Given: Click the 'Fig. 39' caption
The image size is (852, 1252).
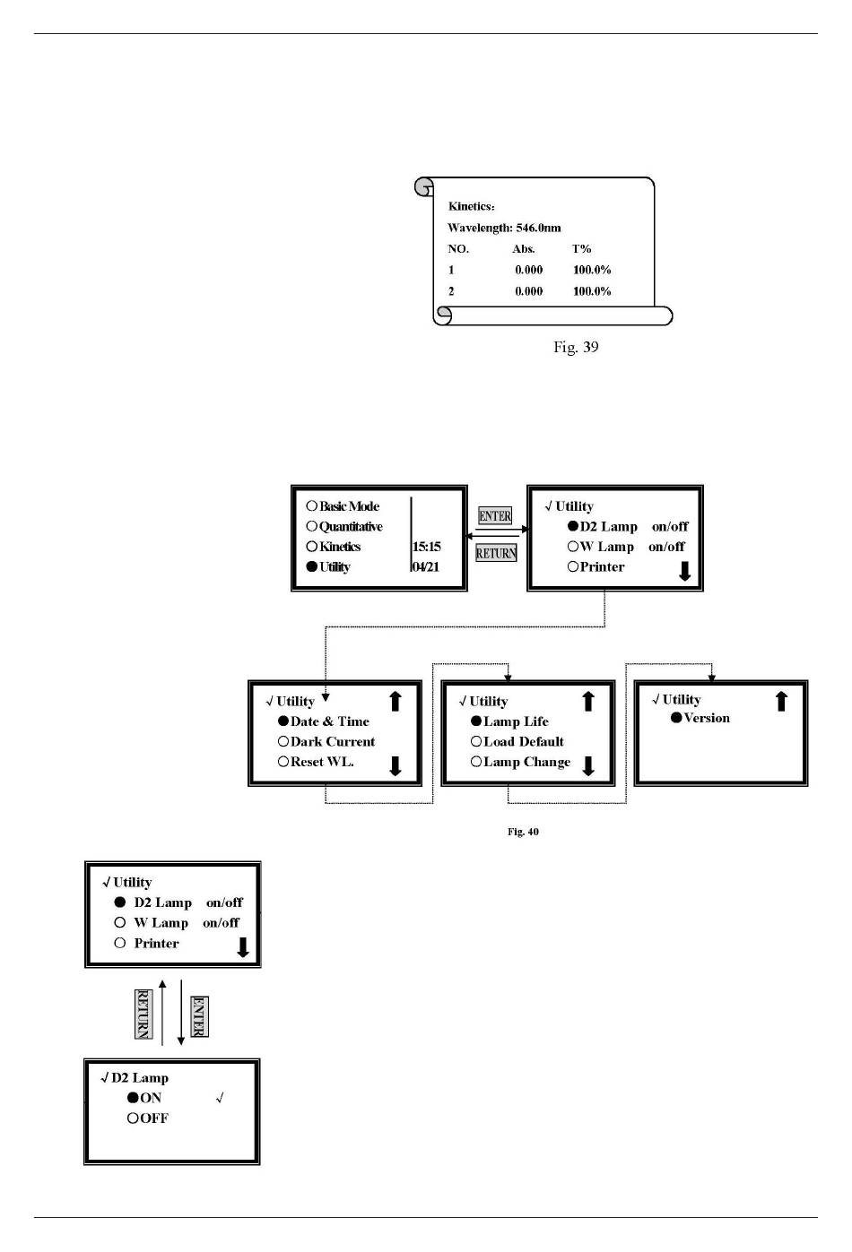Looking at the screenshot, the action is tap(576, 347).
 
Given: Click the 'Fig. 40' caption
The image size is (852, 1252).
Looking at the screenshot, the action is tap(523, 832).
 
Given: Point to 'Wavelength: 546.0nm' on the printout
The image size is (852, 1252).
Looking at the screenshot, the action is tap(504, 228).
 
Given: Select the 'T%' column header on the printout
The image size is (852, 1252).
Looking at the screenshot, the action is tap(581, 249).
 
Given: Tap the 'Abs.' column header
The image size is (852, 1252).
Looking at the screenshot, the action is tap(524, 249).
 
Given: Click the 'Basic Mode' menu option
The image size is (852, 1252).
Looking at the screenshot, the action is tap(349, 505).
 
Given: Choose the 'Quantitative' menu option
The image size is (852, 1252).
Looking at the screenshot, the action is tap(351, 526).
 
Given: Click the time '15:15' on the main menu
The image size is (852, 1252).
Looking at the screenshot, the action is tap(426, 547).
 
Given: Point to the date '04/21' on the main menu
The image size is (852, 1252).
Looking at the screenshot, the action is tap(425, 566).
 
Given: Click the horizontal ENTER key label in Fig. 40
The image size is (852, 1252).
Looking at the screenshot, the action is tap(495, 515).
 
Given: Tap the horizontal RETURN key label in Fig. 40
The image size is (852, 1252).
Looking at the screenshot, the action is tap(496, 553).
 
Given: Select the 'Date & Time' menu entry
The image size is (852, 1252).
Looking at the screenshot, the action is tap(330, 721).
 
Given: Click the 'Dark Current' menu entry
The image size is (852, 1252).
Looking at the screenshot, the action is tap(333, 741).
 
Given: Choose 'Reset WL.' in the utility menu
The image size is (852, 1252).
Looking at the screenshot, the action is tap(322, 761).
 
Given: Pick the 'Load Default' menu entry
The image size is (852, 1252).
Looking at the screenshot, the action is tap(524, 741).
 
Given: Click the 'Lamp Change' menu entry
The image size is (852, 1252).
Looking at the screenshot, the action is tap(527, 762).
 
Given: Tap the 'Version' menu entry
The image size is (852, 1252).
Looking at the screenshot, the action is tap(707, 718).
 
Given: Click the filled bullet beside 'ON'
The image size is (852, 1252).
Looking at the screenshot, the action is tap(133, 1097).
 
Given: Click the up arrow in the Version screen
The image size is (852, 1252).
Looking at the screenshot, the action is tap(781, 701).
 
